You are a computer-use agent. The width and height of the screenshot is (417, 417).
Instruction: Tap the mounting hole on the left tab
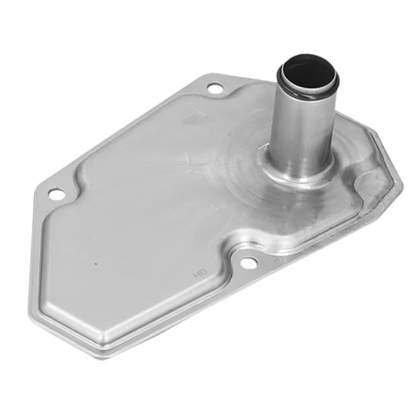[x=56, y=193]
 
